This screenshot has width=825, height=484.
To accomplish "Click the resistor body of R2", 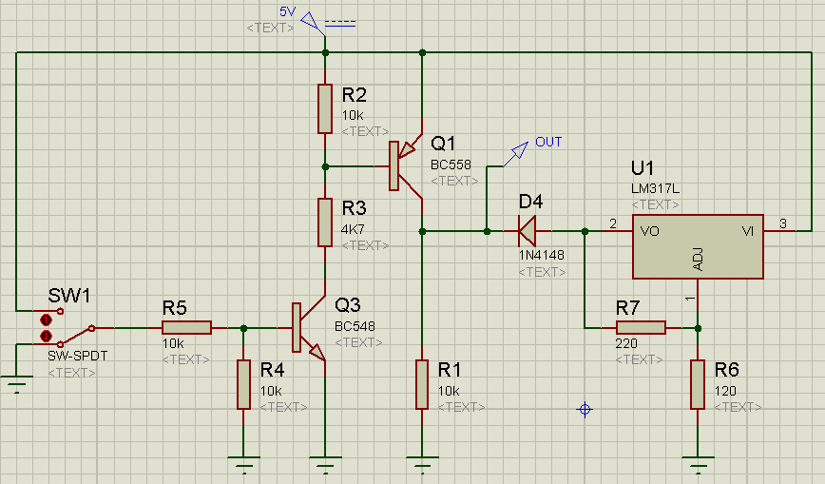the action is click(325, 108).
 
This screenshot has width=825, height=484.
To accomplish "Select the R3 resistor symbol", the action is click(325, 223).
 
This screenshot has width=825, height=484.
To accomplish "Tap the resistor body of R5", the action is click(186, 328).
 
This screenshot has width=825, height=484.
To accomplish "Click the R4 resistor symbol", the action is click(243, 384).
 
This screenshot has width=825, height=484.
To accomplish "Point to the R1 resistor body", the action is click(422, 384).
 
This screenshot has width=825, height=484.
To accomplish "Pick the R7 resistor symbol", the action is click(641, 328).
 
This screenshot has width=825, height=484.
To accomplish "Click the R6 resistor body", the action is click(698, 384).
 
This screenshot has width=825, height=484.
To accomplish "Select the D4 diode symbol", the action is click(528, 231).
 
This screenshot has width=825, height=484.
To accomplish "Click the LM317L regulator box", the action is click(698, 246).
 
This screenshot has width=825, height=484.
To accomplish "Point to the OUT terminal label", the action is click(548, 143).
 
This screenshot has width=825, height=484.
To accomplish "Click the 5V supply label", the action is click(288, 11).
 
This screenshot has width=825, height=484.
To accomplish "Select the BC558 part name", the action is click(451, 165).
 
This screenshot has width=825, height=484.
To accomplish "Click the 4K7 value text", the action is click(353, 229).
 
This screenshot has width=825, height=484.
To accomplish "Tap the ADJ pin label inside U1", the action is click(699, 259).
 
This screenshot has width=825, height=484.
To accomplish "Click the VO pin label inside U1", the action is click(650, 231).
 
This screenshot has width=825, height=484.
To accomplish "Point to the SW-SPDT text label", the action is click(77, 356).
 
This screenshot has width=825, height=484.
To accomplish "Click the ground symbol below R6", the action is click(698, 462).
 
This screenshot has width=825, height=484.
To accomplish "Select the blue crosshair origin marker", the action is click(585, 409).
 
